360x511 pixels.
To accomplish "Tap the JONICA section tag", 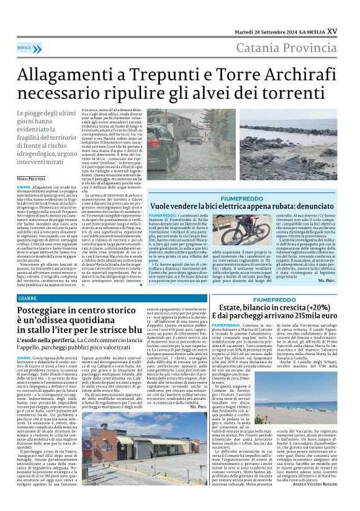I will (x=25, y=47).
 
